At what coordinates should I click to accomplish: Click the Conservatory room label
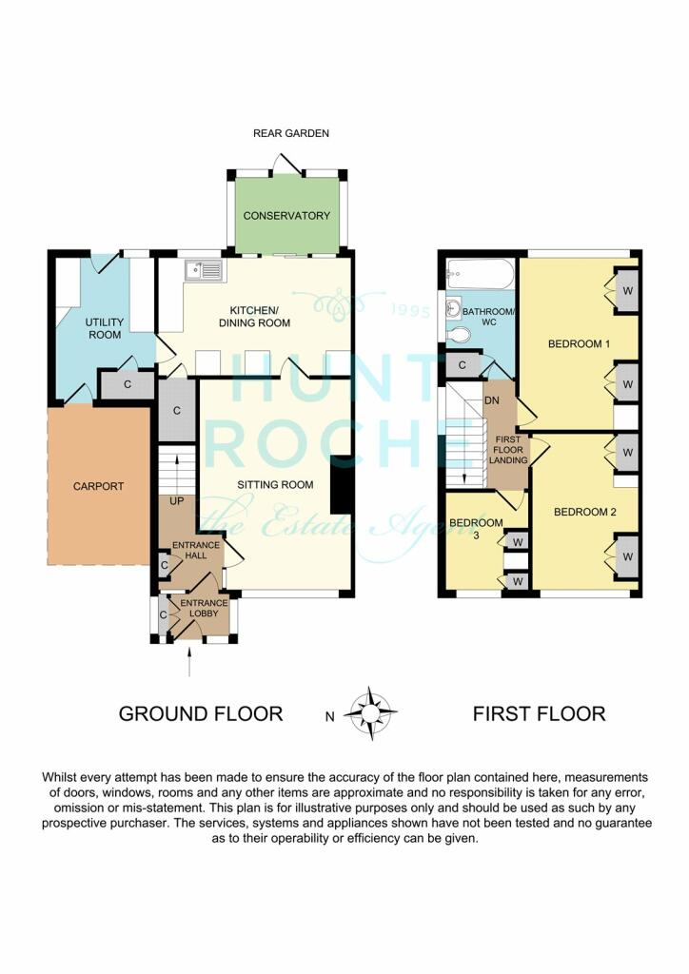(x=286, y=216)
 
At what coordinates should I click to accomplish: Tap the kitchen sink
(x=203, y=269)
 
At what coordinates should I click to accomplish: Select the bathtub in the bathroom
(x=481, y=274)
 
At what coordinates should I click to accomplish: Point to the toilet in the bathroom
(x=457, y=335)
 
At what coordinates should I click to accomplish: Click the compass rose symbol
(x=371, y=713)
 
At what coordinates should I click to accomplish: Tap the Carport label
(x=98, y=486)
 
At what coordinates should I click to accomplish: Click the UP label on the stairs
(x=176, y=500)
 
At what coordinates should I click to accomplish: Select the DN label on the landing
(x=491, y=400)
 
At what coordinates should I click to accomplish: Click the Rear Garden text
(x=291, y=133)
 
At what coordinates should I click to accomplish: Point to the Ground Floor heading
(x=201, y=713)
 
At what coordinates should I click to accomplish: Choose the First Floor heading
(x=539, y=713)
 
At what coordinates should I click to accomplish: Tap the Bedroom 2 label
(x=584, y=512)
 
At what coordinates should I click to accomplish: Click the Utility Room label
(x=105, y=328)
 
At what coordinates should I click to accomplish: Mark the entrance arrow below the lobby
(x=188, y=660)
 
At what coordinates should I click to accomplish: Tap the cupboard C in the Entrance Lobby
(x=163, y=615)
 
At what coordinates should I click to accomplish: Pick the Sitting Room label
(x=275, y=484)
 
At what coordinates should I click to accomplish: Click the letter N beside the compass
(x=330, y=716)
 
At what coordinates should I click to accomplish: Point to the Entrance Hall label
(x=196, y=550)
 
